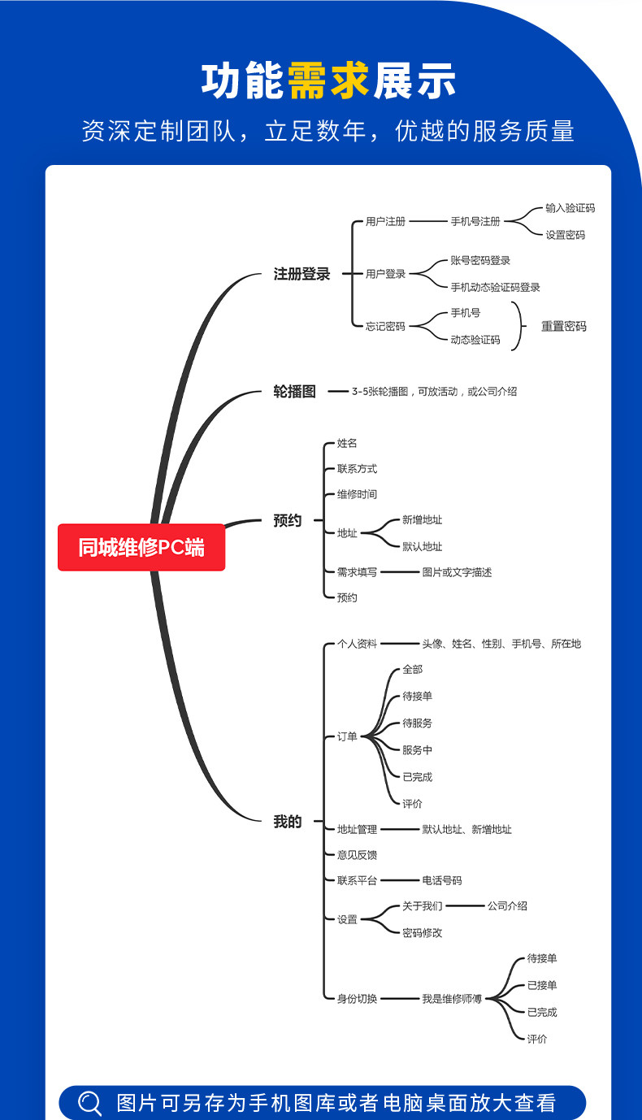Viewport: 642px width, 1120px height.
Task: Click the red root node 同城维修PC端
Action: click(x=141, y=547)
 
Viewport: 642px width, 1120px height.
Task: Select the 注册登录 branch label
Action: click(x=301, y=274)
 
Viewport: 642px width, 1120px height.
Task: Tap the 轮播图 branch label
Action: click(x=294, y=391)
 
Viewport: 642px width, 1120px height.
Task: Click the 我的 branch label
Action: click(x=287, y=822)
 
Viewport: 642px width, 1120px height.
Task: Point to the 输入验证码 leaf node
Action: click(x=570, y=208)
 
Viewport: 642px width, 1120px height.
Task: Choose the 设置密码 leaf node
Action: click(x=565, y=235)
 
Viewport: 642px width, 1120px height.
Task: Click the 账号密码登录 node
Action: click(x=480, y=260)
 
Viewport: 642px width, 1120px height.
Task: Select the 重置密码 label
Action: click(x=563, y=326)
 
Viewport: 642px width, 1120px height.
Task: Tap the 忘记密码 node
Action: click(x=384, y=326)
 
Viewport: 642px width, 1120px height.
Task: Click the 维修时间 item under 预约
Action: click(x=357, y=494)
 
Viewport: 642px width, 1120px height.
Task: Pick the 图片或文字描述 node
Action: click(x=457, y=572)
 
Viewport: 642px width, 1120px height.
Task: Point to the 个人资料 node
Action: click(x=357, y=644)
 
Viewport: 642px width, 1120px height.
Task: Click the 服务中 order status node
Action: click(x=417, y=750)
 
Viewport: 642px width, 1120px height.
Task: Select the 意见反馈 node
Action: click(x=357, y=854)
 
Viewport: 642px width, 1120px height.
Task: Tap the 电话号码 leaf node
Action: click(x=441, y=880)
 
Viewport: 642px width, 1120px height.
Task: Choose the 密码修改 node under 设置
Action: click(x=422, y=933)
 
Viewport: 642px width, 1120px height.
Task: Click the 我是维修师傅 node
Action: click(x=451, y=998)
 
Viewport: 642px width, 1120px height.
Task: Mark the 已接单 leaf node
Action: click(x=542, y=985)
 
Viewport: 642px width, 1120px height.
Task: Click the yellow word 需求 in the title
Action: click(x=328, y=81)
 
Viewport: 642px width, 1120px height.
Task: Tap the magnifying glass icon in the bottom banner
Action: click(x=89, y=1103)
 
